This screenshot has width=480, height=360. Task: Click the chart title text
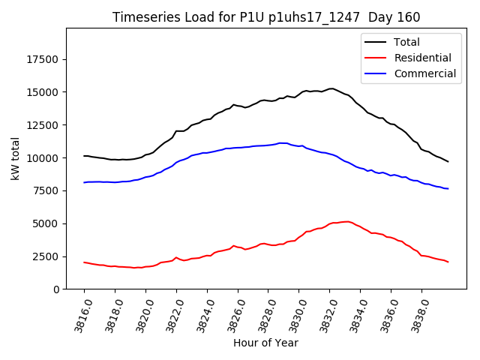point(266,17)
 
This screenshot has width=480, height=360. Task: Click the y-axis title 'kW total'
point(16,158)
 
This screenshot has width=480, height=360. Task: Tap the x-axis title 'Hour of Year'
point(265,343)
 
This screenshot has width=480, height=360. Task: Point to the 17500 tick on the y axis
point(43,60)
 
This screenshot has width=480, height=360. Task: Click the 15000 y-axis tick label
point(43,92)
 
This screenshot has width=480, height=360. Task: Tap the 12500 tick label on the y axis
point(43,125)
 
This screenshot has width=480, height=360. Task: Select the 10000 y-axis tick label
point(43,158)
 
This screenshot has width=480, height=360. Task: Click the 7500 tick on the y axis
point(46,190)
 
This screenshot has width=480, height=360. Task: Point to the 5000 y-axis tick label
point(46,223)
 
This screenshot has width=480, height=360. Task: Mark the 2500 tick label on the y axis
point(46,256)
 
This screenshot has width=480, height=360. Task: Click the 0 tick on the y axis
point(57,289)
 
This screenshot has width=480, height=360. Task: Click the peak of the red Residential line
point(346,221)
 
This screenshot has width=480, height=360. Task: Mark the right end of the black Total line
point(448,161)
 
